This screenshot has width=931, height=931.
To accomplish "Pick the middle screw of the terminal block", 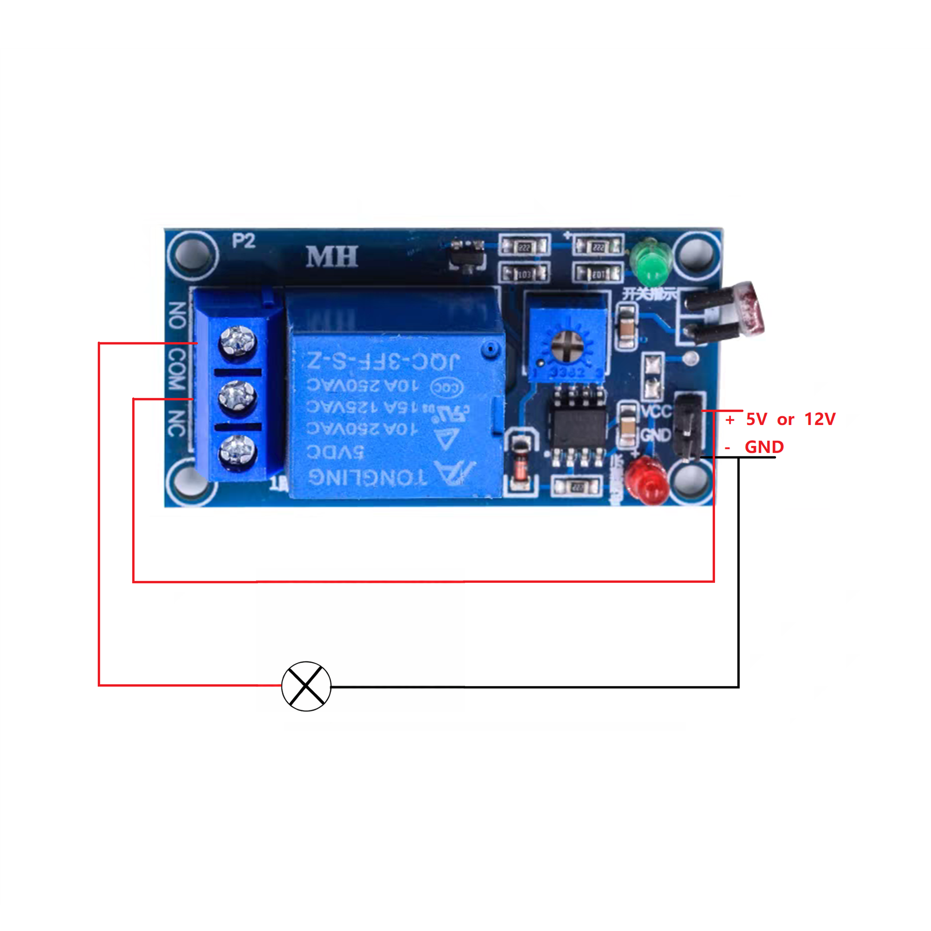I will pyautogui.click(x=236, y=396).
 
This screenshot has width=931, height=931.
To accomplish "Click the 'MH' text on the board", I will pyautogui.click(x=332, y=257).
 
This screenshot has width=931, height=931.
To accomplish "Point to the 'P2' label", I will pyautogui.click(x=243, y=241).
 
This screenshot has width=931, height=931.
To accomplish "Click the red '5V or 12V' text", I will pyautogui.click(x=790, y=419).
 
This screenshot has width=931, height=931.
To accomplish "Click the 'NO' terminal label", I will pyautogui.click(x=177, y=315).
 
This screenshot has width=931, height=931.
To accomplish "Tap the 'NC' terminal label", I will pyautogui.click(x=177, y=423).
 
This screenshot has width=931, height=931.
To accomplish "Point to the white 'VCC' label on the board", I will pyautogui.click(x=656, y=411).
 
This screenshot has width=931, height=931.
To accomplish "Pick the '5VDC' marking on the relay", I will pyautogui.click(x=335, y=452).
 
